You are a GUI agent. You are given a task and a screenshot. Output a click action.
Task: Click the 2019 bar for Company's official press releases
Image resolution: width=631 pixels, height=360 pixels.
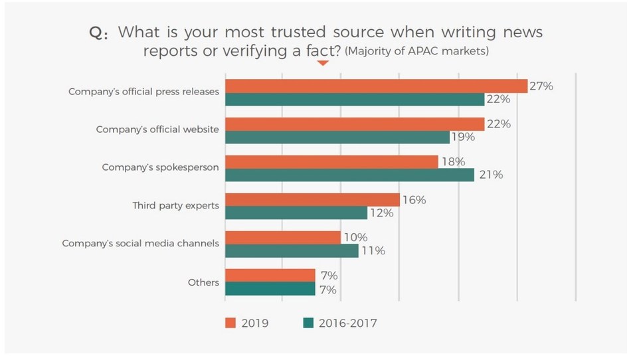coord(376,86)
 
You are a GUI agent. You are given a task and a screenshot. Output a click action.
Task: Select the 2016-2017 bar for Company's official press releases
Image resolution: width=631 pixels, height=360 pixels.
coord(355,100)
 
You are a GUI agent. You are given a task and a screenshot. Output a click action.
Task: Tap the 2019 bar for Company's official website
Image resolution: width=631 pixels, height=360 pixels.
coord(355,124)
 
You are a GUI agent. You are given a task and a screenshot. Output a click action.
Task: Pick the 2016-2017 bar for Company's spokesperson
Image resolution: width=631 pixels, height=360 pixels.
coord(349,175)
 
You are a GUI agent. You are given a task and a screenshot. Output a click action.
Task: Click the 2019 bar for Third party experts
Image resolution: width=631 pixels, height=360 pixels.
coord(312,199)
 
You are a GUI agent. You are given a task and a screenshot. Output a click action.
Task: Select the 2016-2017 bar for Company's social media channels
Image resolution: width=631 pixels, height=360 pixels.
coord(292,250)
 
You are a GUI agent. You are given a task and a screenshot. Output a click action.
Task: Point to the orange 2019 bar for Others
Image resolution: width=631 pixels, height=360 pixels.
coord(270,275)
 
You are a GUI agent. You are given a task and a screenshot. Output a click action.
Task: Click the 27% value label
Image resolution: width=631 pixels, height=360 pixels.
coord(541,85)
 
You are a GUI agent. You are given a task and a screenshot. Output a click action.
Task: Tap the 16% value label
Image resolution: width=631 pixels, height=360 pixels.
coord(412,199)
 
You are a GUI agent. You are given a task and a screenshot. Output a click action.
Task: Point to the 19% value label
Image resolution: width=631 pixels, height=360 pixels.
coord(463,137)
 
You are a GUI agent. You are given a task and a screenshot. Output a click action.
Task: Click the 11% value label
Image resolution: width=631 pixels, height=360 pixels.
coord(371,250)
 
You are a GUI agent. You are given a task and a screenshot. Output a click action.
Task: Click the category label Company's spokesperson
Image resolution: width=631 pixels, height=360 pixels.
coord(160,167)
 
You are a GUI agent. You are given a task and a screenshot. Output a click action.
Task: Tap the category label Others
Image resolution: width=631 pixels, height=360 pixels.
coord(203,282)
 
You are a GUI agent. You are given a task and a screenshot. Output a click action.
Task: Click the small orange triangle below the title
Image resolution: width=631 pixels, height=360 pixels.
coord(323,64)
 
